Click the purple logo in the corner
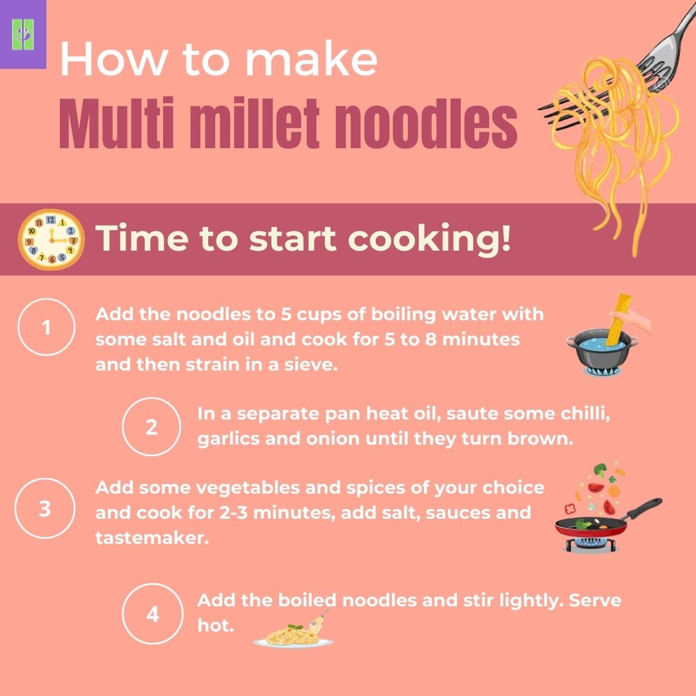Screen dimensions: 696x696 [23, 34]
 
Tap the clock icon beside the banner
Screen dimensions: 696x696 [51, 238]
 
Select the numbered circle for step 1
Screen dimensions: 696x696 [45, 329]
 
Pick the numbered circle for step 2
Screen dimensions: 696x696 [151, 427]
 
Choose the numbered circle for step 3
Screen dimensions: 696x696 [44, 509]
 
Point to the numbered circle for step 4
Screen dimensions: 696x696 [152, 614]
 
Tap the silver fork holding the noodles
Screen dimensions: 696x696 [657, 52]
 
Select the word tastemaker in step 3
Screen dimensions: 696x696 [151, 537]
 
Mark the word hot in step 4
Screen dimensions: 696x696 [214, 625]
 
